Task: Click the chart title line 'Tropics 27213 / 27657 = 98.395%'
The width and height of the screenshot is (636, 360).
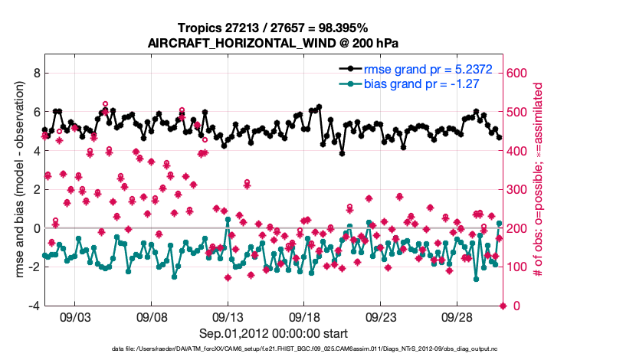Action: pyautogui.click(x=273, y=28)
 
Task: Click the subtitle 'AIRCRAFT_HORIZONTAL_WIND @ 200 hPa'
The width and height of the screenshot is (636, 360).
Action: pyautogui.click(x=273, y=43)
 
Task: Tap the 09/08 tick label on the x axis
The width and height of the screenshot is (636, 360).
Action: pyautogui.click(x=152, y=316)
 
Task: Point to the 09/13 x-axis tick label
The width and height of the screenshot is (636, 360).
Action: pyautogui.click(x=228, y=316)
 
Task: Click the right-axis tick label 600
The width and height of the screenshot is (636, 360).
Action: pyautogui.click(x=519, y=74)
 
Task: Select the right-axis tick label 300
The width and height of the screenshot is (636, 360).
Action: pyautogui.click(x=519, y=190)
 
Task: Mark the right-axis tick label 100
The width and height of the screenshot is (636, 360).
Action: pyautogui.click(x=519, y=267)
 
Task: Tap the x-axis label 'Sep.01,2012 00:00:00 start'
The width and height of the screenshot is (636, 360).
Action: pyautogui.click(x=273, y=333)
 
